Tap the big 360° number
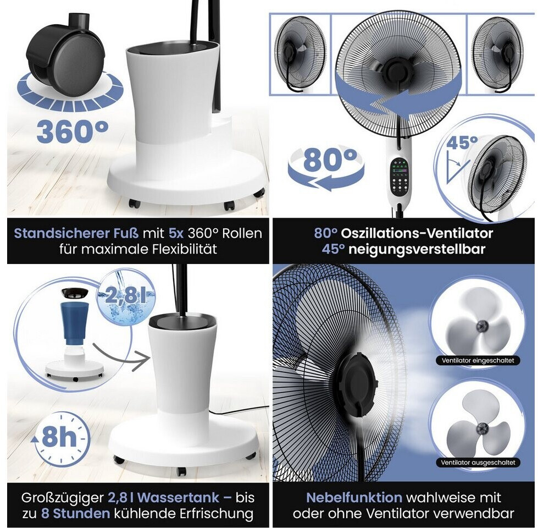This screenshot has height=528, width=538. click(73, 131)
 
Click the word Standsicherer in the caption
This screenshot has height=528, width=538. click(76, 233)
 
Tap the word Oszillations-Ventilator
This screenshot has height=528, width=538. click(417, 233)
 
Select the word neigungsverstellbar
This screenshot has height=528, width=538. click(417, 249)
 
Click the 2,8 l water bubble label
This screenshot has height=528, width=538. click(126, 295)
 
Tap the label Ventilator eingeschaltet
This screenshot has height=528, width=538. click(478, 360)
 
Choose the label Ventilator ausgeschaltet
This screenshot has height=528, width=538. click(478, 463)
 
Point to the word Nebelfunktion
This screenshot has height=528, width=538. click(354, 497)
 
